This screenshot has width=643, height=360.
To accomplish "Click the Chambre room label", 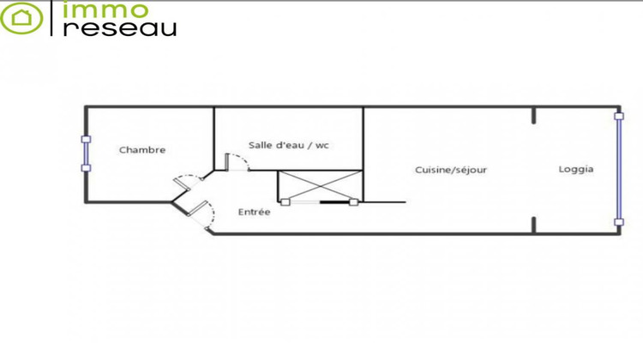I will tap(142, 150).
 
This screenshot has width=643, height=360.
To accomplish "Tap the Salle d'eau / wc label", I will tap(289, 145).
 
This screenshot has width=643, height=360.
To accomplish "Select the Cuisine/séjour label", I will tap(451, 170).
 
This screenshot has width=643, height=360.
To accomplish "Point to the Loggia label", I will tap(576, 170).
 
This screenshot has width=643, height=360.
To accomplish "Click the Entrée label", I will tap(254, 212).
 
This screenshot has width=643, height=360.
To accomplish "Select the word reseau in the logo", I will tap(121, 27).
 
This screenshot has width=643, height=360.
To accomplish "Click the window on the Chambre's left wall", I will tap(85, 153).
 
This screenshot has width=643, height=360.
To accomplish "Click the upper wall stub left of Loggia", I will tap(533, 115).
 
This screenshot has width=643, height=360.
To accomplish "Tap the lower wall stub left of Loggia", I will tap(533, 225).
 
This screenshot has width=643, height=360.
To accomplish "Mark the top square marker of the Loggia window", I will tap(618, 114).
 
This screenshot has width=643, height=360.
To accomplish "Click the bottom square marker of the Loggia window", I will tap(618, 222).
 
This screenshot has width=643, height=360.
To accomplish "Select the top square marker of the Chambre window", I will tap(85, 137).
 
